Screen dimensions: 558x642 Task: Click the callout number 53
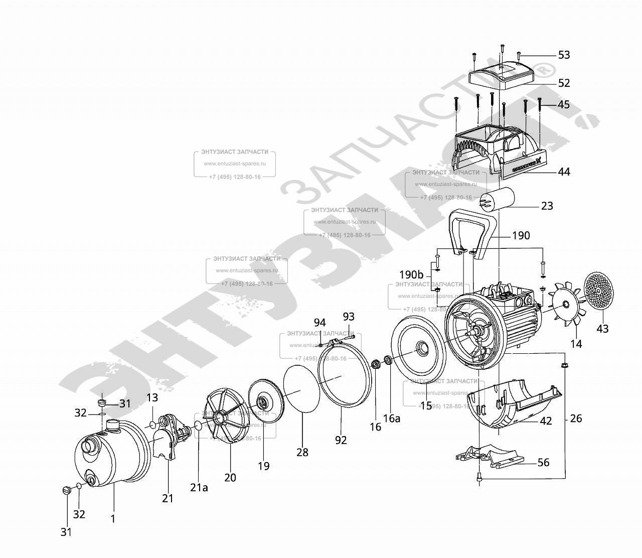(x=564, y=55)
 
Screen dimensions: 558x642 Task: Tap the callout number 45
(x=564, y=104)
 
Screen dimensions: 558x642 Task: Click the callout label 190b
(x=411, y=275)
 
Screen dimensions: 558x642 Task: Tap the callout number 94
(x=319, y=322)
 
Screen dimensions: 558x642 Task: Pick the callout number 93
(x=348, y=317)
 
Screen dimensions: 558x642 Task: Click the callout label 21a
(x=198, y=487)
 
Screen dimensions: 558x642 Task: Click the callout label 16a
(x=392, y=418)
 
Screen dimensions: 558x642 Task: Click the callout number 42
(x=546, y=421)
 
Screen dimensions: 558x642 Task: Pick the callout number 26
(x=576, y=418)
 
